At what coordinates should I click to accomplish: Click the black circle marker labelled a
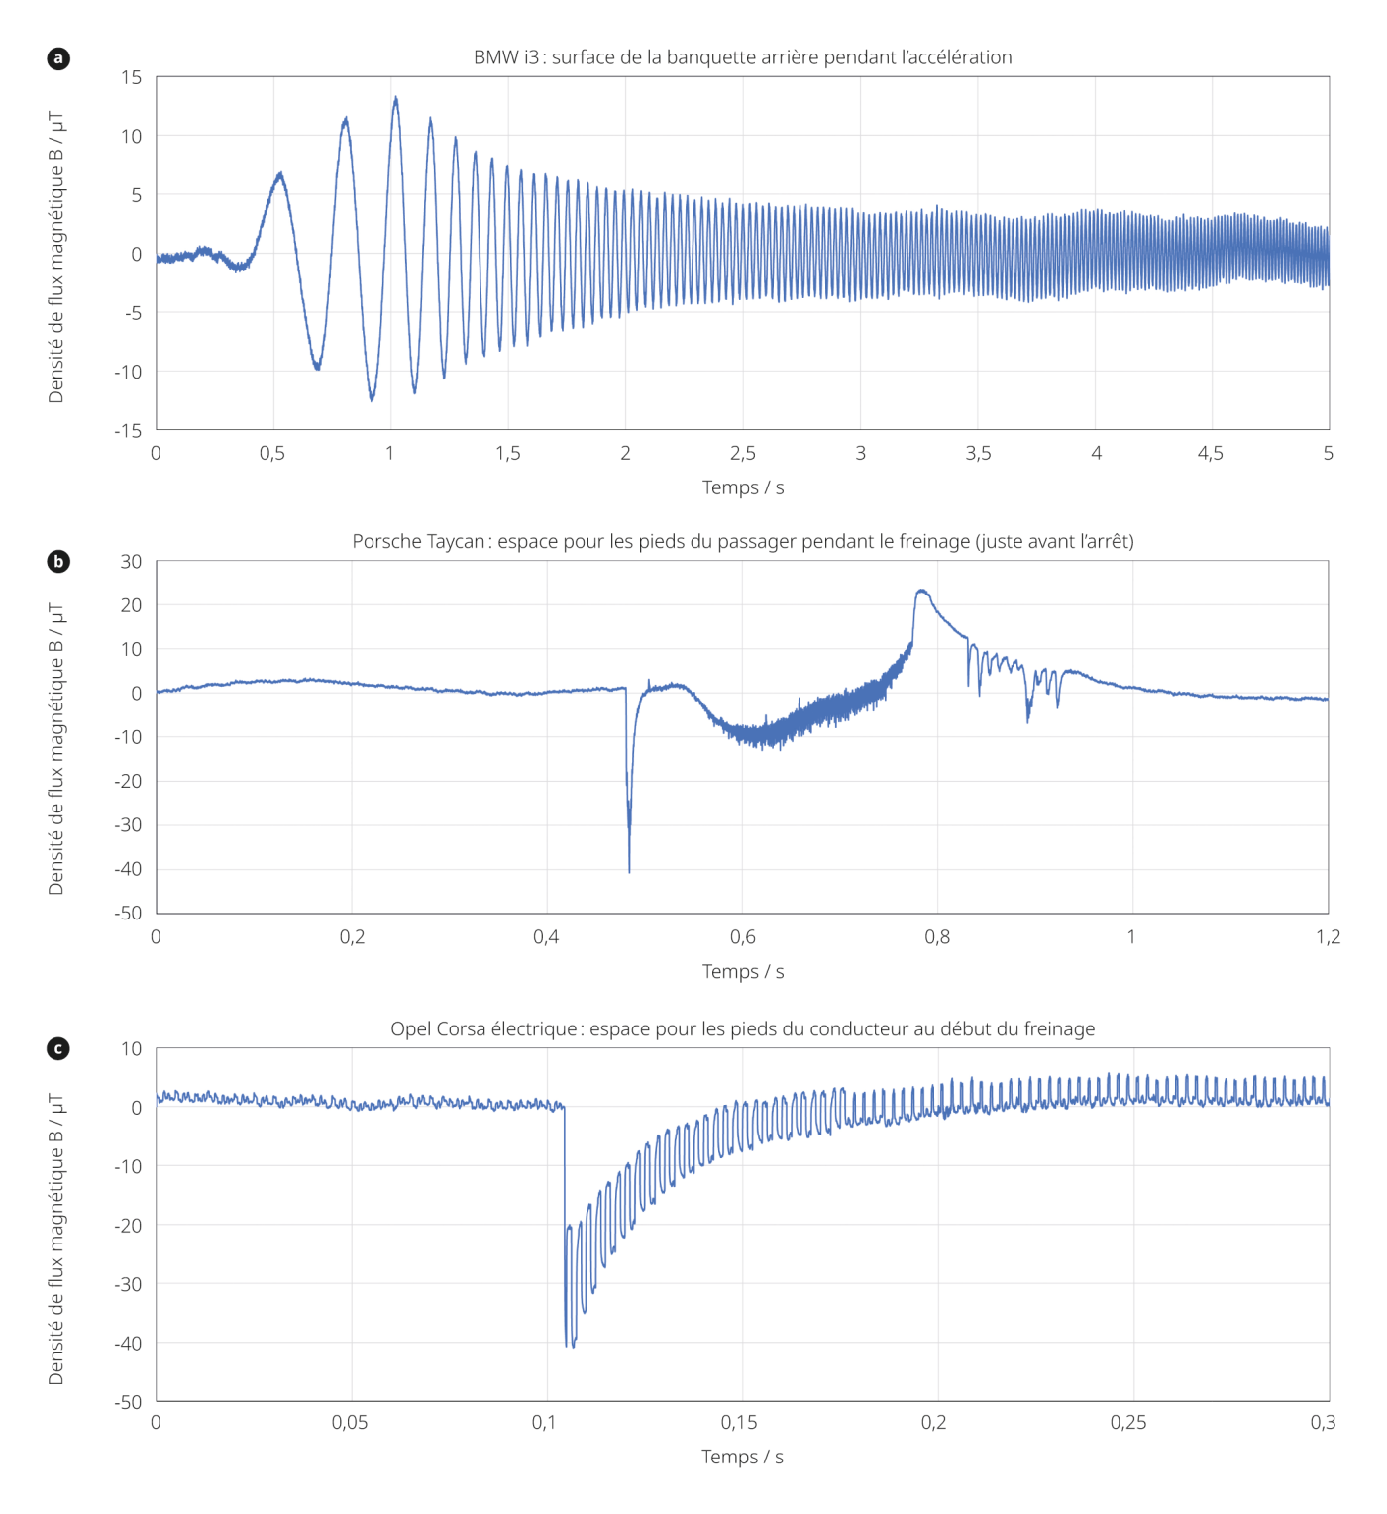[58, 58]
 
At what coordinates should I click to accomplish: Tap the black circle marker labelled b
[58, 562]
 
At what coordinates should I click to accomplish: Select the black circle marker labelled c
[58, 1048]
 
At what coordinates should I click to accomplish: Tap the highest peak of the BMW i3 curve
[396, 98]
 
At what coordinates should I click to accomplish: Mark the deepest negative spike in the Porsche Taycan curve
[629, 871]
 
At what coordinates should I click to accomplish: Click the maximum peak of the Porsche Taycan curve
[922, 591]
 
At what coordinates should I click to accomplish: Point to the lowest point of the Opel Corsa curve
[567, 1346]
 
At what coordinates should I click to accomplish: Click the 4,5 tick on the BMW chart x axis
[1211, 454]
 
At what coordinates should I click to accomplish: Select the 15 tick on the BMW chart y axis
[132, 77]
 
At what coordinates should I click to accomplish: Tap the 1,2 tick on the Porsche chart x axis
[1328, 937]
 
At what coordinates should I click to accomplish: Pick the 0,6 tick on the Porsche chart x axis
[742, 937]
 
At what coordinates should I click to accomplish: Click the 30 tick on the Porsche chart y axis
[131, 562]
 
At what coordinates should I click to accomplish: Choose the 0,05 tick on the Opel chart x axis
[350, 1423]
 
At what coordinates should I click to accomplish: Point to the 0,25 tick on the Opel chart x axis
[1128, 1423]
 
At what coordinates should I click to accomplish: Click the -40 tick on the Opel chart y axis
[128, 1344]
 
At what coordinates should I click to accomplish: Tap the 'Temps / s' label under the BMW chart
[743, 487]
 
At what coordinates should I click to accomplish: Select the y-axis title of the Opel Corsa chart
[56, 1239]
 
